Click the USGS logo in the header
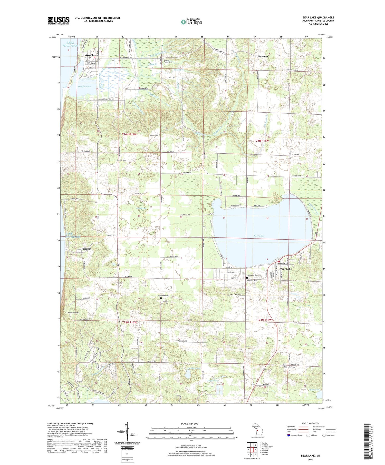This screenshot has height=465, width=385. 59,21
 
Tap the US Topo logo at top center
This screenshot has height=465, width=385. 191,22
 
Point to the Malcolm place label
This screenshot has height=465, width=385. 263,56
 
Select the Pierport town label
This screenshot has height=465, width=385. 86,249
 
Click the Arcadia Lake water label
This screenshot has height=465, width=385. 84,87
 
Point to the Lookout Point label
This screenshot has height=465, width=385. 73,313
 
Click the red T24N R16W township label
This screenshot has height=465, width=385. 129,134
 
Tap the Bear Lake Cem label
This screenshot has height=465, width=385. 289,367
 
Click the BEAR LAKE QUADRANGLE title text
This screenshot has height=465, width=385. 318,18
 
